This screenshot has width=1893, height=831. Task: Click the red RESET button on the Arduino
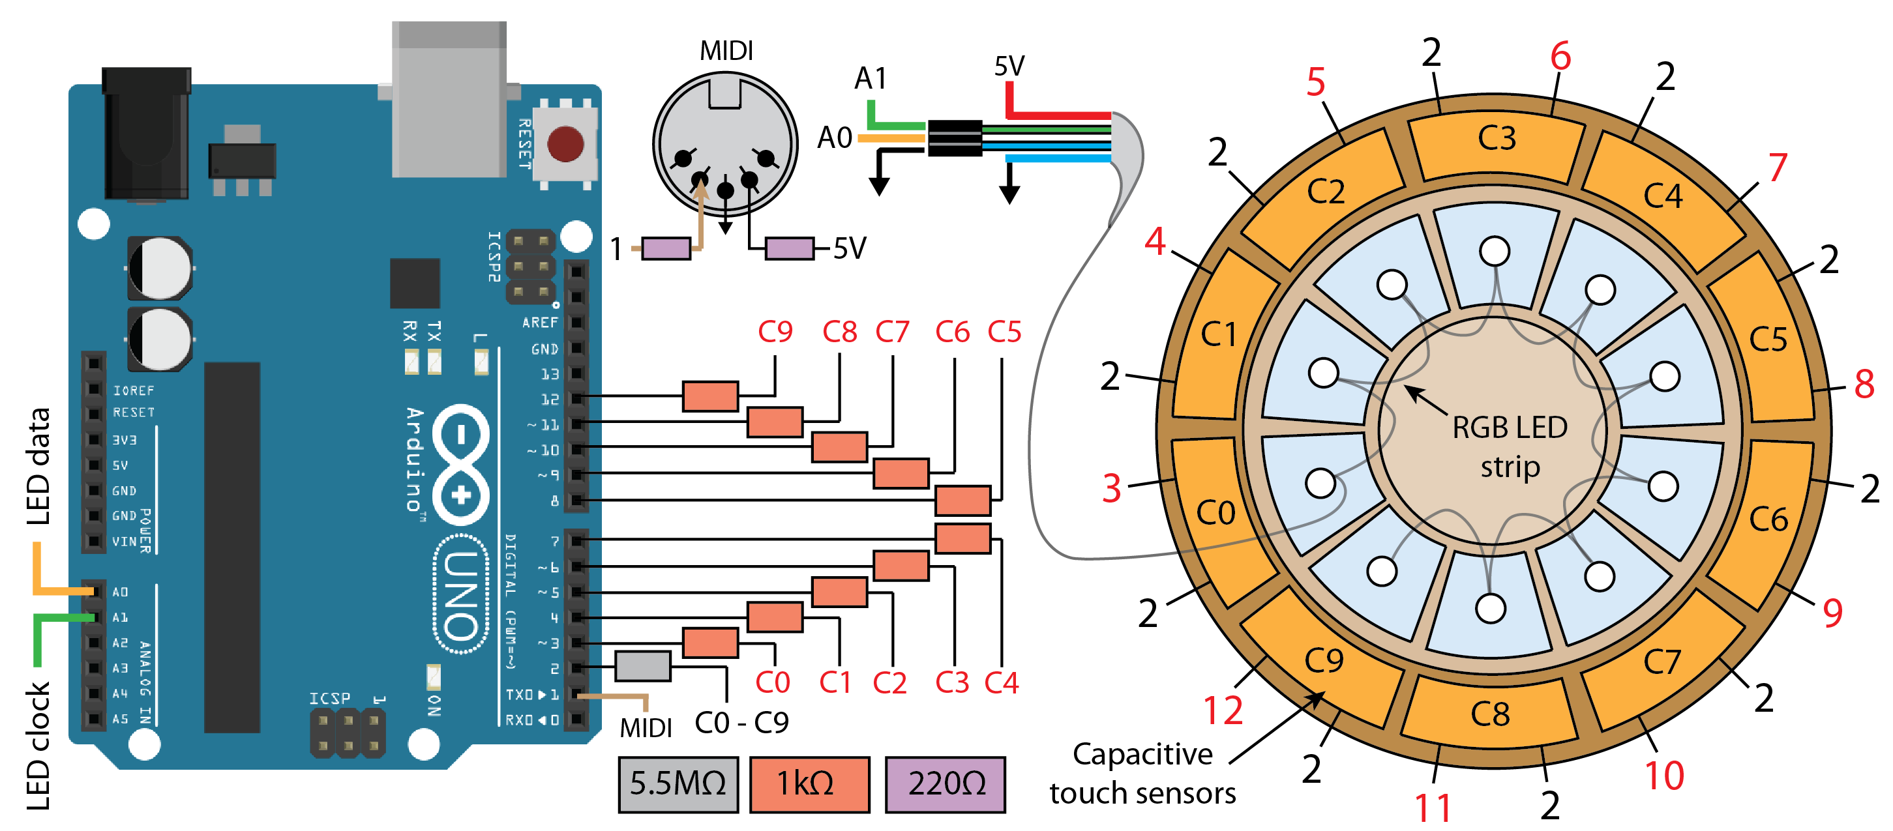click(x=565, y=143)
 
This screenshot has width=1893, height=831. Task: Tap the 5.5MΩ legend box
click(x=678, y=784)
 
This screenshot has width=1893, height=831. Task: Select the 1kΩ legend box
click(x=809, y=784)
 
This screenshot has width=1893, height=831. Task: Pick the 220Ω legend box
click(x=945, y=784)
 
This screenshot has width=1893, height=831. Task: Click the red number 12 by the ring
click(x=1223, y=710)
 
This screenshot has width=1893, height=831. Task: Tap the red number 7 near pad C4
click(x=1778, y=168)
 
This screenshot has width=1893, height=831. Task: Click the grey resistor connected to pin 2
click(x=642, y=665)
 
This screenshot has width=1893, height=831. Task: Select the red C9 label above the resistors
click(x=775, y=332)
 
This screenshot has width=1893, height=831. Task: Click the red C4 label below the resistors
click(x=1001, y=683)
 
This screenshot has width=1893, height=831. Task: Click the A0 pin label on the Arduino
click(x=121, y=591)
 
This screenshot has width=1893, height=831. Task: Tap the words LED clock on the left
click(x=38, y=746)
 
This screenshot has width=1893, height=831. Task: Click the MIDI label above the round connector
click(x=726, y=51)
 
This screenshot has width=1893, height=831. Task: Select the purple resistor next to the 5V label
click(x=789, y=248)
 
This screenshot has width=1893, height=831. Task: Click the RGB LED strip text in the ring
click(x=1510, y=446)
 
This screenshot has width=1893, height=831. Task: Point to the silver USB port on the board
click(x=449, y=99)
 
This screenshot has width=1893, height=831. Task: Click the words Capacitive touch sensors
click(x=1142, y=774)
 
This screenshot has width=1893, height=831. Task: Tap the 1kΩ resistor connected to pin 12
click(x=710, y=396)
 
